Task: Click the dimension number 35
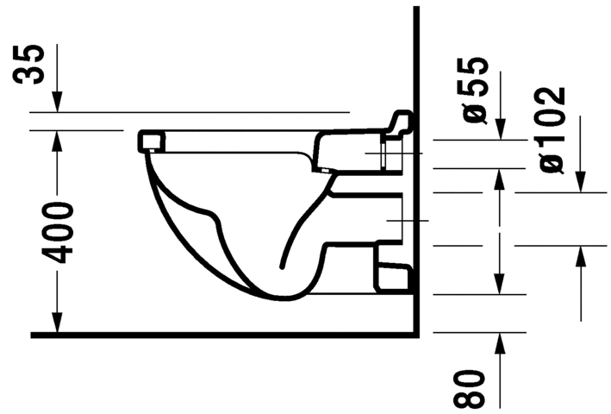pos(28,65)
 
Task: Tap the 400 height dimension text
pos(58,233)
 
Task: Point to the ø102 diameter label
pos(552,130)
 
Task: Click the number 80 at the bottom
pos(469,388)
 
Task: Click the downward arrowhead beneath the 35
pos(57,102)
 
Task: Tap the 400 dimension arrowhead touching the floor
pos(57,323)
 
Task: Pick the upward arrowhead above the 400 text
pos(57,141)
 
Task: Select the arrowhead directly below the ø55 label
pos(501,129)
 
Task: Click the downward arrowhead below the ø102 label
pos(581,182)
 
